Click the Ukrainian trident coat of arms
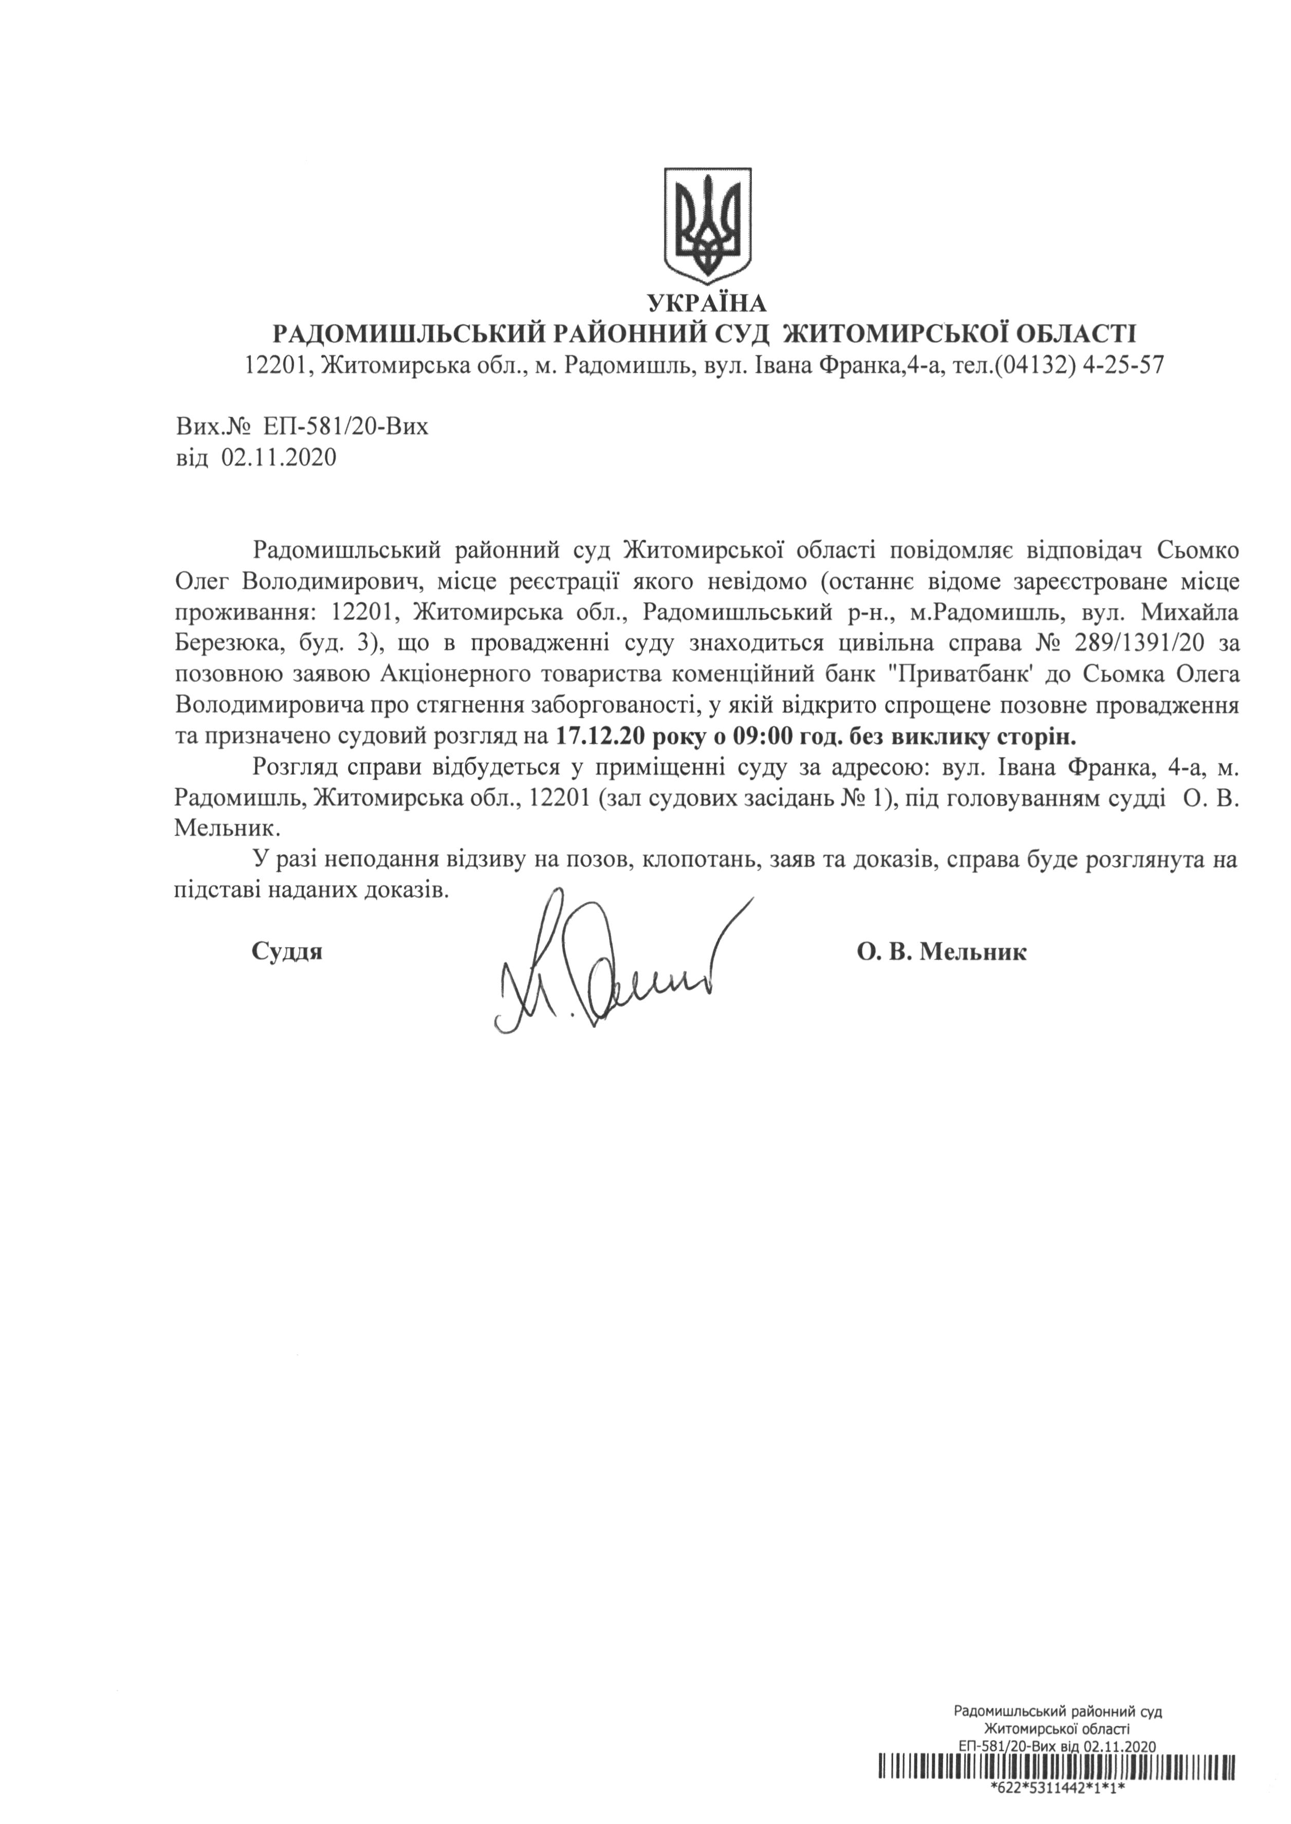(708, 225)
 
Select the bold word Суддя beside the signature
(287, 951)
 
